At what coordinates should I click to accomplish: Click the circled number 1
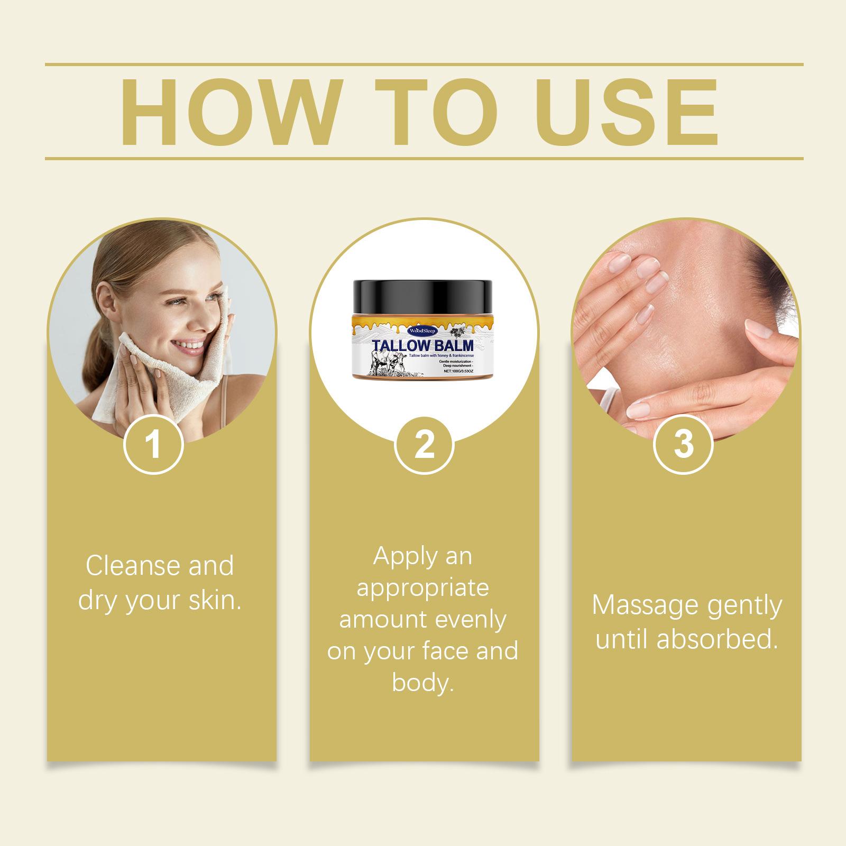(x=153, y=445)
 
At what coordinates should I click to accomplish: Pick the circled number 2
(x=424, y=445)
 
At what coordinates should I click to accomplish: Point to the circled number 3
(x=683, y=445)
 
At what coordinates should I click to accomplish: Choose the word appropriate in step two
(x=423, y=588)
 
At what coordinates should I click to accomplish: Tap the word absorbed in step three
(x=718, y=639)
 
